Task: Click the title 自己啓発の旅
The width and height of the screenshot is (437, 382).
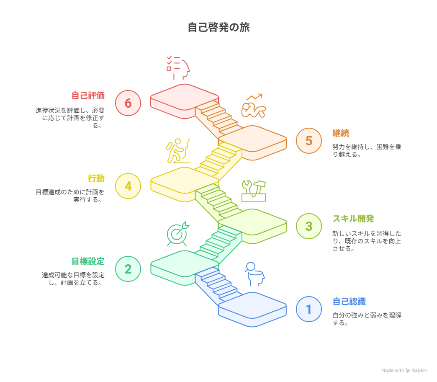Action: coord(218,27)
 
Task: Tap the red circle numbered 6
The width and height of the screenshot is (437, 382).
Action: coord(128,103)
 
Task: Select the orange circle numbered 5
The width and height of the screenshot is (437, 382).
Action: coord(309,141)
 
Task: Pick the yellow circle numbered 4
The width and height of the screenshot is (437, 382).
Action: coord(128,186)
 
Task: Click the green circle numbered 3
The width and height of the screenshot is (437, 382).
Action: coord(309,226)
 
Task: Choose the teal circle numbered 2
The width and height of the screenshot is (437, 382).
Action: coord(128,269)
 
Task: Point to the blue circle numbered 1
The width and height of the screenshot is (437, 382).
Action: coord(309,309)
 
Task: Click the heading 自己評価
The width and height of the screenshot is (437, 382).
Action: coord(88,95)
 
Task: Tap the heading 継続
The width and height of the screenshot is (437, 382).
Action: coord(341,133)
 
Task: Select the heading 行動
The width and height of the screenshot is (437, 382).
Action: coord(96,178)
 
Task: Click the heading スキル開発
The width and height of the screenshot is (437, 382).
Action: coord(353,219)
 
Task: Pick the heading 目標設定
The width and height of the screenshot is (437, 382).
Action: coord(88,261)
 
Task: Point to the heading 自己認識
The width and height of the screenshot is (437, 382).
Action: coord(349,302)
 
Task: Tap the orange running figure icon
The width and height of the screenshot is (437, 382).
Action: coord(253,106)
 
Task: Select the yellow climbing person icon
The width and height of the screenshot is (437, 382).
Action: coord(178,151)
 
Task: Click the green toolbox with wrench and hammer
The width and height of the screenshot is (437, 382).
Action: coord(254,191)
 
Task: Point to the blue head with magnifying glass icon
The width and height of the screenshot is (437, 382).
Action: coord(254,274)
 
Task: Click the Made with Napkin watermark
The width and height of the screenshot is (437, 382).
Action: coord(404,370)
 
